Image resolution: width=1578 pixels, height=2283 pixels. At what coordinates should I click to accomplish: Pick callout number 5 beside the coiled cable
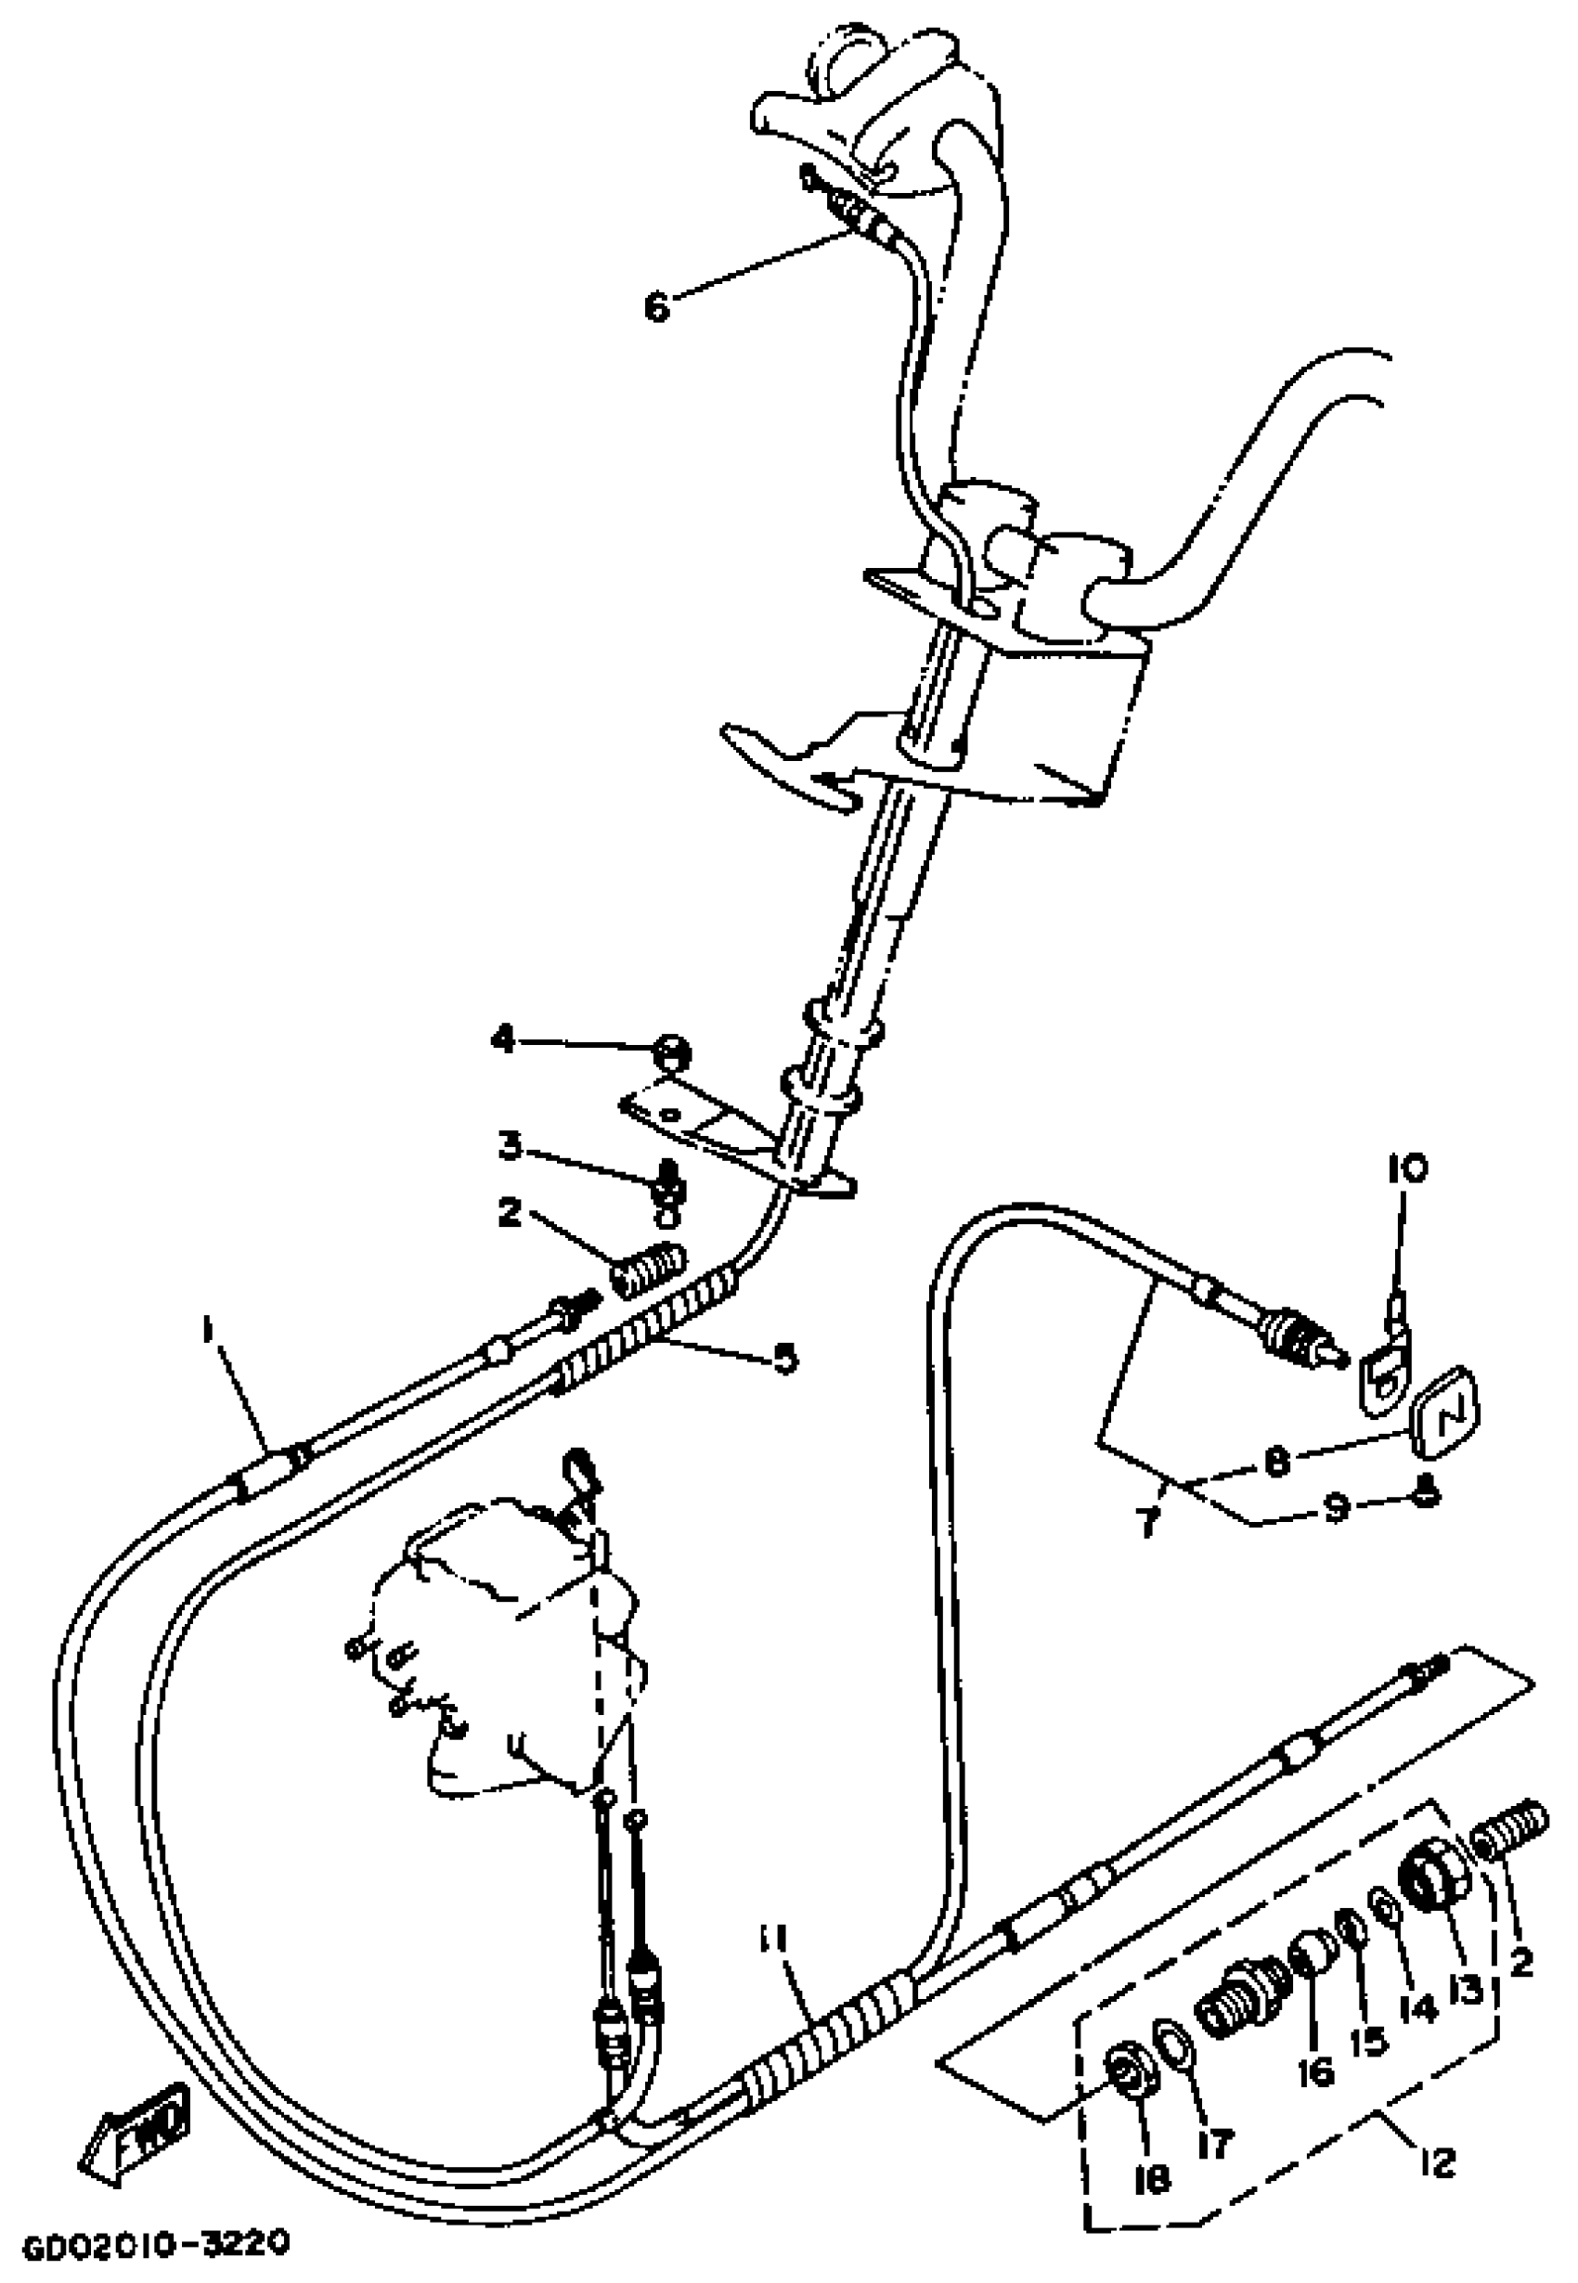pyautogui.click(x=784, y=1360)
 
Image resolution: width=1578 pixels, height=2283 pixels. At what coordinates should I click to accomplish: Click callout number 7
pyautogui.click(x=1146, y=1523)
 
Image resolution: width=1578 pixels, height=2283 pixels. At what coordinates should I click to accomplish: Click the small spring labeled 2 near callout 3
pyautogui.click(x=648, y=1267)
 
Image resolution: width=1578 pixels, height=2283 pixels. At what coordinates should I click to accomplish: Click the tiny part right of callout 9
pyautogui.click(x=1425, y=1497)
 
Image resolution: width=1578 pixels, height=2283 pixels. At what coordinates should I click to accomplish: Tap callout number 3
pyautogui.click(x=511, y=1146)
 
